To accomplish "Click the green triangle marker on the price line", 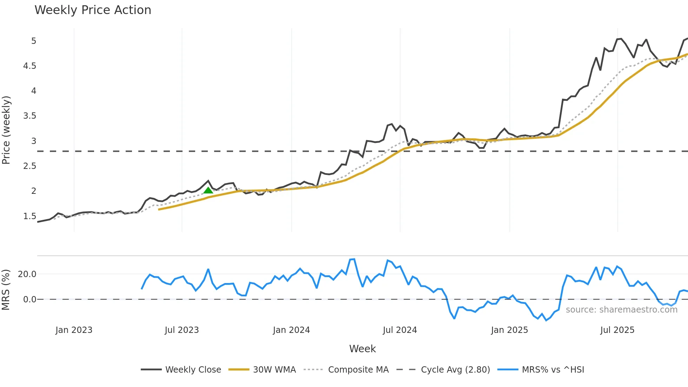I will pyautogui.click(x=208, y=190).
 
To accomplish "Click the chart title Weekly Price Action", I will pyautogui.click(x=93, y=10).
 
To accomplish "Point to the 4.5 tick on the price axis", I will pyautogui.click(x=29, y=66).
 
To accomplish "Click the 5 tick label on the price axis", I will pyautogui.click(x=34, y=41).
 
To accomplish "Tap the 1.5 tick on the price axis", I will pyautogui.click(x=29, y=216).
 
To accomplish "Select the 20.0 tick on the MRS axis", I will pyautogui.click(x=27, y=274).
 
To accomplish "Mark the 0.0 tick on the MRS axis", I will pyautogui.click(x=29, y=300).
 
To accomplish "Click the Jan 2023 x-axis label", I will pyautogui.click(x=74, y=330).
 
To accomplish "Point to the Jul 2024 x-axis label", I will pyautogui.click(x=400, y=330).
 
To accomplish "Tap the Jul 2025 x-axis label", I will pyautogui.click(x=617, y=330).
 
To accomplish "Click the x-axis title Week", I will pyautogui.click(x=362, y=349).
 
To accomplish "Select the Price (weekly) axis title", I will pyautogui.click(x=6, y=130).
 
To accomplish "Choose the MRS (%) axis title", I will pyautogui.click(x=6, y=290).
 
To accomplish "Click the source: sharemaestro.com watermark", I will pyautogui.click(x=621, y=310).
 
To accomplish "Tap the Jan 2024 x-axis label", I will pyautogui.click(x=291, y=330).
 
